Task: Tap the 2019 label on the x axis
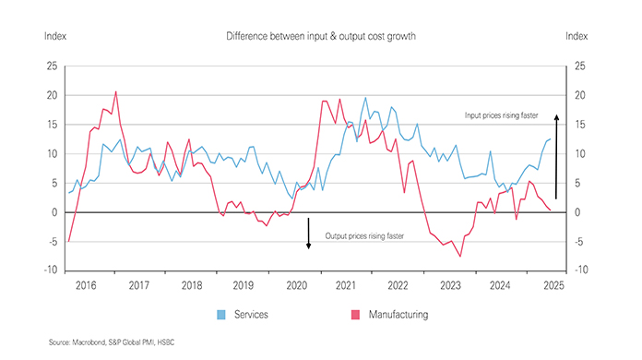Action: (x=243, y=286)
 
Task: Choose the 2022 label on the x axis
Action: (x=398, y=286)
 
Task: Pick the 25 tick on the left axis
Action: (x=51, y=66)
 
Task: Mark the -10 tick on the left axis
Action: (x=49, y=270)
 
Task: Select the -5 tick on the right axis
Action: (x=578, y=242)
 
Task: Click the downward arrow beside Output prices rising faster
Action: (x=310, y=234)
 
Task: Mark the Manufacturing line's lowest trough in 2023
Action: (x=460, y=256)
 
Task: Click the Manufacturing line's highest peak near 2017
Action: (x=115, y=91)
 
